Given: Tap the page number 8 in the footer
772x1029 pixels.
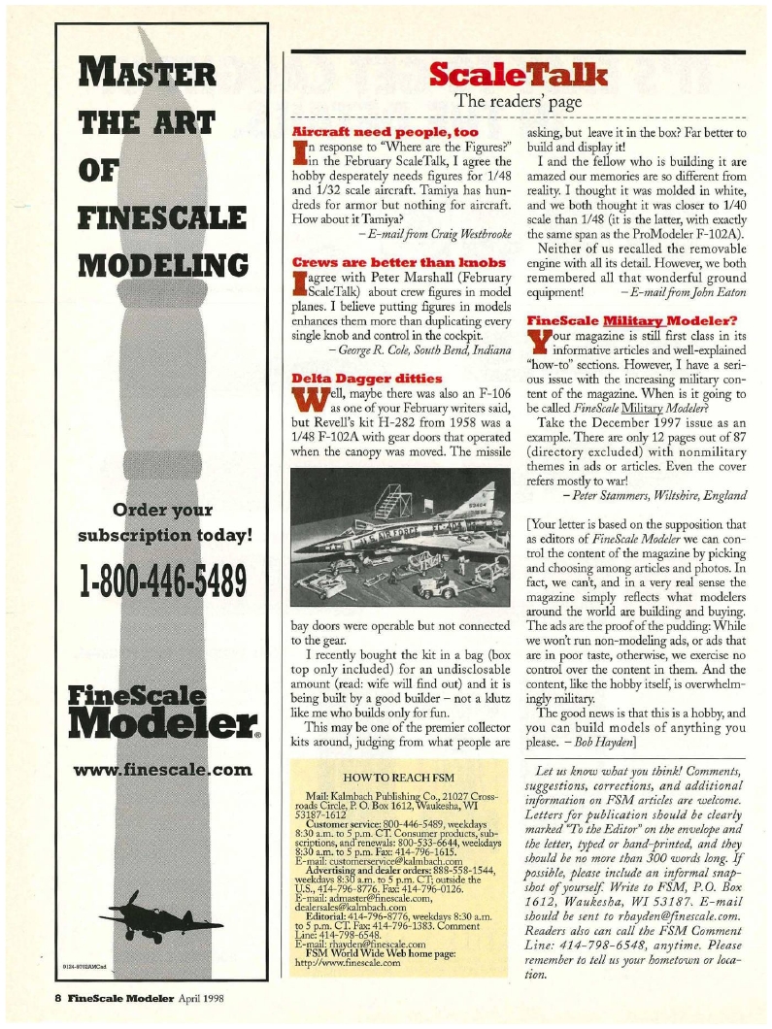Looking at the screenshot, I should pyautogui.click(x=58, y=993).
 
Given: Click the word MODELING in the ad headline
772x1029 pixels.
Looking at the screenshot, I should pyautogui.click(x=155, y=265).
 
